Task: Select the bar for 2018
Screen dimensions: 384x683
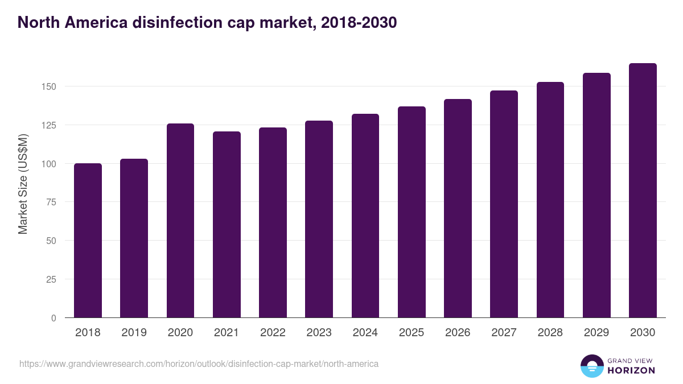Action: (88, 241)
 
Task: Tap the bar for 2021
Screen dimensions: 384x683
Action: (227, 225)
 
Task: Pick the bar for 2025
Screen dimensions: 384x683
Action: (412, 212)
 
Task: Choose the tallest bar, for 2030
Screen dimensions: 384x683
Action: (643, 191)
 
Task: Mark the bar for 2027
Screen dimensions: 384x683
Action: (504, 204)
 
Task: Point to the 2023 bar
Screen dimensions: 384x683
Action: (319, 219)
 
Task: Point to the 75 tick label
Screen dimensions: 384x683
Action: (51, 202)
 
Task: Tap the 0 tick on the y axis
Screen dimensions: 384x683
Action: (54, 318)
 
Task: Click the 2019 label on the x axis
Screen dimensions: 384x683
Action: (134, 333)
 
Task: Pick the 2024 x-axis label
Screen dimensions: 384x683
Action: (365, 333)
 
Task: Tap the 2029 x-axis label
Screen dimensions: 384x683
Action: (596, 333)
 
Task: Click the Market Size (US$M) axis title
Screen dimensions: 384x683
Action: (23, 184)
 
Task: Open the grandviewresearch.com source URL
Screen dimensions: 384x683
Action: (199, 364)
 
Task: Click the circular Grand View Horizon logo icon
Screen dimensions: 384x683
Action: (591, 366)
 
